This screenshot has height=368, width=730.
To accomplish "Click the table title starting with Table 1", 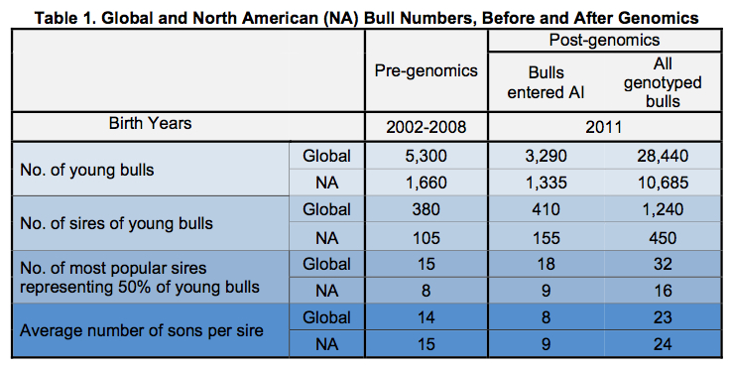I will point(365,14).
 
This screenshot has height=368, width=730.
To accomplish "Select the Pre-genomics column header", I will point(426,71).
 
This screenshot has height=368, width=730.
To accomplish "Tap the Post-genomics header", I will point(605,41).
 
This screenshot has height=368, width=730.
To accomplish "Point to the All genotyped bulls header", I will point(662,83).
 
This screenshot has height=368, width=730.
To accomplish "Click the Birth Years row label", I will point(150,124).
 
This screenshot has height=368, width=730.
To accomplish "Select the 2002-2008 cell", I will point(426,126).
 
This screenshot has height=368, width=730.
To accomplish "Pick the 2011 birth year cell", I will point(605,126).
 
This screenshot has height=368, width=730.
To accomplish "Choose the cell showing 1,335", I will point(546,183).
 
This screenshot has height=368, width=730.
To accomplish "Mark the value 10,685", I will point(662,183).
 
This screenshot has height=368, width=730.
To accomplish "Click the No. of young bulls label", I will point(87,170).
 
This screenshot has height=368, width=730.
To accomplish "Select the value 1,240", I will point(662,210).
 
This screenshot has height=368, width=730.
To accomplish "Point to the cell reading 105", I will point(426,238).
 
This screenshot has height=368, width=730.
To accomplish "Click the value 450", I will point(662,238).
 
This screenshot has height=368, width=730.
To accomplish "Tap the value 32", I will point(662,265).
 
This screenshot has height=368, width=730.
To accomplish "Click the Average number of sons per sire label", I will point(142,330).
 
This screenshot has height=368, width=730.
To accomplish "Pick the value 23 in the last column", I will point(662,318).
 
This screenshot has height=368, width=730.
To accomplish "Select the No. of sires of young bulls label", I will point(117,224).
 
